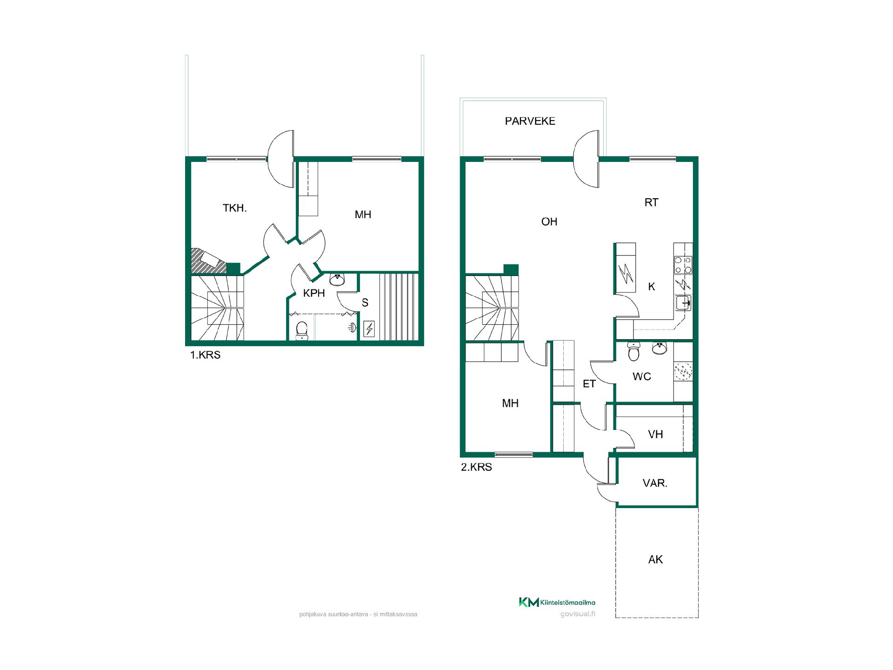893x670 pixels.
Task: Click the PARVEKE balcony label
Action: click(530, 121)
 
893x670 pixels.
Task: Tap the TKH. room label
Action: click(234, 208)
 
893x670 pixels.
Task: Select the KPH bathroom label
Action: click(314, 293)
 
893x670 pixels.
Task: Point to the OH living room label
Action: click(549, 221)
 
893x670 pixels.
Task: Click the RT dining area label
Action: click(651, 202)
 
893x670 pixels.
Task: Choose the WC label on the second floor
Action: click(642, 376)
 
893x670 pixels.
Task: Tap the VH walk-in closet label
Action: click(655, 434)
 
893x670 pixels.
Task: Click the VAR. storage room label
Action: click(655, 483)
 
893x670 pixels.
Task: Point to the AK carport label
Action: click(655, 559)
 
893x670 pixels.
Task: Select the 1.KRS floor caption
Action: click(205, 355)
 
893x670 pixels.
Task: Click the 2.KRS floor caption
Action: click(476, 467)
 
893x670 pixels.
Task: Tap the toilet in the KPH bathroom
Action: click(302, 330)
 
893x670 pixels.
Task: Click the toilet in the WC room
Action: click(633, 351)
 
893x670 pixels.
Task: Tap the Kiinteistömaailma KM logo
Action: click(557, 602)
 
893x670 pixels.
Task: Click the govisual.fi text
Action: click(578, 614)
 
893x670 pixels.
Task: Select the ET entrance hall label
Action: click(589, 384)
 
